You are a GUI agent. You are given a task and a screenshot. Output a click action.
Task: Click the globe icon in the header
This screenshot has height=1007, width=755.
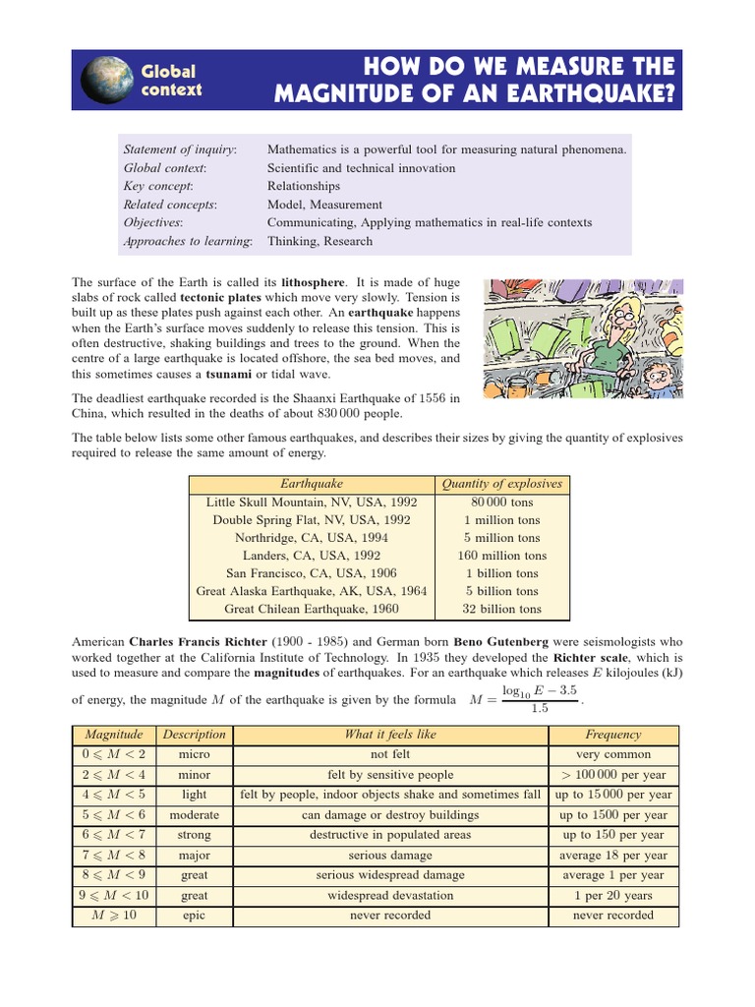click(106, 80)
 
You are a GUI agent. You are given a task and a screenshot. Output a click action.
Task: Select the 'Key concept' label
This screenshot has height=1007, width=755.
click(157, 186)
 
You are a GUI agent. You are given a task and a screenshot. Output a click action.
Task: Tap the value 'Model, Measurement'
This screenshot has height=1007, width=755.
click(324, 205)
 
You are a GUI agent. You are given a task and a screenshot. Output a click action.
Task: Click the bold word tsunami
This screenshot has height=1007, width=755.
click(228, 375)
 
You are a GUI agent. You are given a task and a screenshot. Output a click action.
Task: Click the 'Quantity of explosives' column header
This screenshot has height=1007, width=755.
click(501, 484)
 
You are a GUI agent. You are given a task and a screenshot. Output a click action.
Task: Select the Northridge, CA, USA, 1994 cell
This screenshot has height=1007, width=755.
click(311, 538)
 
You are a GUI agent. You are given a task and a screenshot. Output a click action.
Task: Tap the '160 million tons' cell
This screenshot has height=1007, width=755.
click(501, 556)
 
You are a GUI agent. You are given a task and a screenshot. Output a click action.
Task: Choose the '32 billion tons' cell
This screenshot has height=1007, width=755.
click(501, 609)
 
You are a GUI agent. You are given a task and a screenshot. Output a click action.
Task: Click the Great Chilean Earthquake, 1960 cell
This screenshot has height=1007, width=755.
click(311, 609)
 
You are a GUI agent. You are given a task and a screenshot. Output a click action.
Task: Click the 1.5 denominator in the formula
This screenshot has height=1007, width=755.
click(539, 709)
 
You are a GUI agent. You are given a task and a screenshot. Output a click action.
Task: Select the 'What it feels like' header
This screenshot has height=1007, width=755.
click(389, 735)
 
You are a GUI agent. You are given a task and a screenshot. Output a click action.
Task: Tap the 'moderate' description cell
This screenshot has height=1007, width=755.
click(194, 815)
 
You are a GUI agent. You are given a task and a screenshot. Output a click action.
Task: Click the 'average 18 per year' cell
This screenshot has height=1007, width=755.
click(612, 856)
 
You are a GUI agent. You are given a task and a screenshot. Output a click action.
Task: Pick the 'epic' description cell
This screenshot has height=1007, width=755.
click(194, 916)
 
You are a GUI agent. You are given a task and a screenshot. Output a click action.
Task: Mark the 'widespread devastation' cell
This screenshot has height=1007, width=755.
click(389, 896)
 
